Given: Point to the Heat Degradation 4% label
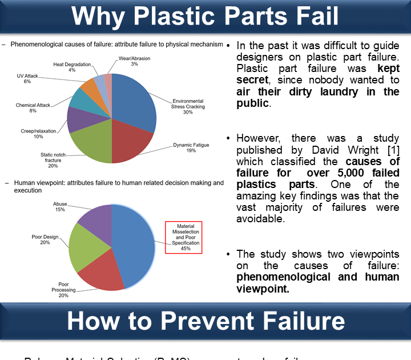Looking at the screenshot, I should (x=72, y=67).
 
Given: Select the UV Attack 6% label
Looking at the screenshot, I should (x=27, y=79).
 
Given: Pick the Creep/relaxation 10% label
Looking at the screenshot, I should (x=38, y=134).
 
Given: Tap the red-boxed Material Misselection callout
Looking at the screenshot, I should (x=189, y=237).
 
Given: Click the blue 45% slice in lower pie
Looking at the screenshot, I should (x=134, y=240).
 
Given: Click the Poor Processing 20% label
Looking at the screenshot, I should (x=63, y=290).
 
